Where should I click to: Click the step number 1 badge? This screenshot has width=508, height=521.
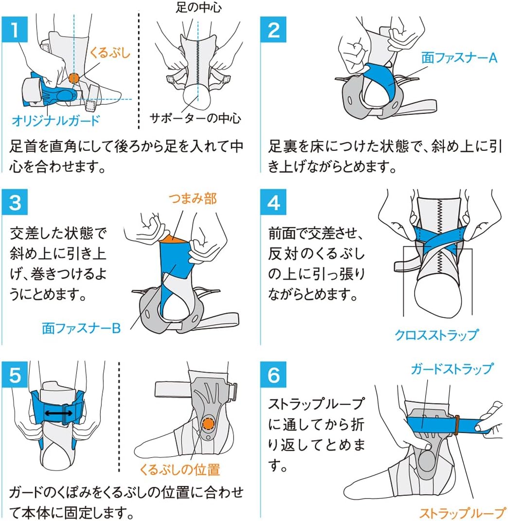coord(15,30)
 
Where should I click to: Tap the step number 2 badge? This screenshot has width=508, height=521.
coord(273,30)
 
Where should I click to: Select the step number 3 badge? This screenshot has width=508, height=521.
coord(15,202)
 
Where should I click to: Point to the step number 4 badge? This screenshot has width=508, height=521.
coord(273,202)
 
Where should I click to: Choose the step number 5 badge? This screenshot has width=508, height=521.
coord(15,374)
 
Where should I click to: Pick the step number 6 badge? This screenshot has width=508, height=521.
coord(273,374)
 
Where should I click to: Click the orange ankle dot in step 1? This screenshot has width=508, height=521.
coord(73,78)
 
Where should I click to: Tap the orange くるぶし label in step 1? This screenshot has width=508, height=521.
coord(110,53)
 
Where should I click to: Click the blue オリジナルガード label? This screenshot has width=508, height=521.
coord(56,120)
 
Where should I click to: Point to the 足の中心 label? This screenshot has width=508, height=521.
coord(199,7)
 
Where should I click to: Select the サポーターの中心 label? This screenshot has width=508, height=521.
coord(195,118)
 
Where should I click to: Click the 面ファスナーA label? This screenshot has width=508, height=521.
coord(459,58)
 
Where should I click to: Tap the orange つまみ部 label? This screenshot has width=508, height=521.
coord(193,198)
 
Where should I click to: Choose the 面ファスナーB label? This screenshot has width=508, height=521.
coord(81,328)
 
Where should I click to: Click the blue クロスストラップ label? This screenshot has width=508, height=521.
coord(436,335)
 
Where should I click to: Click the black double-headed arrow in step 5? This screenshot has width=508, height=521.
coord(58,413)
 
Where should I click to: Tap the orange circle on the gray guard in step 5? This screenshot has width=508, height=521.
coord(208,424)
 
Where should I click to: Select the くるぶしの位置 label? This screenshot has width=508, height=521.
coord(180,469)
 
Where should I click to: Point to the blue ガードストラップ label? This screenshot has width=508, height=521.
coord(452,369)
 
